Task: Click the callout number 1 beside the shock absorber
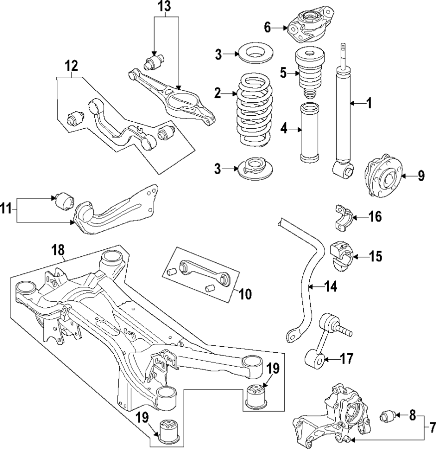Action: click(x=369, y=104)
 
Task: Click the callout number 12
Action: click(x=71, y=65)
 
